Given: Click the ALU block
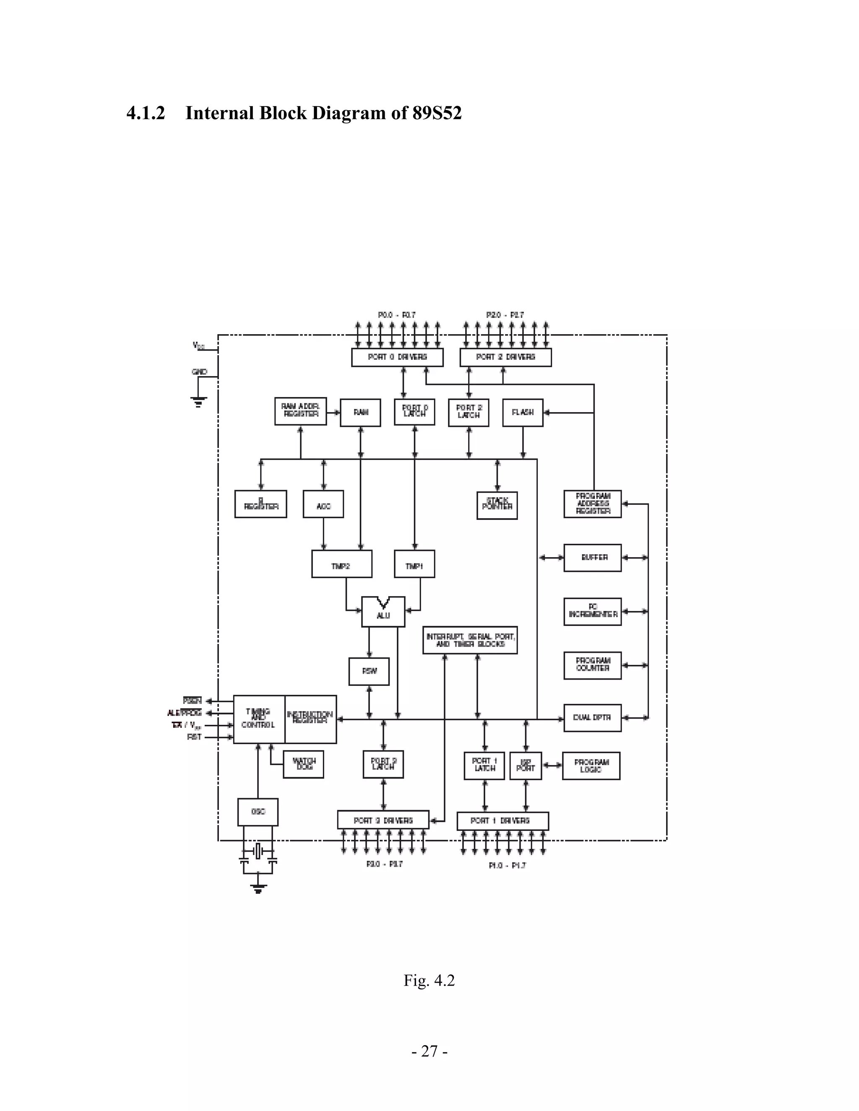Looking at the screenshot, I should [x=383, y=613].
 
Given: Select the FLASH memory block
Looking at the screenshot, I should [x=523, y=413].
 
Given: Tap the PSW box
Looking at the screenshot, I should [x=369, y=672].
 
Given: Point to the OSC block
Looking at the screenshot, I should [x=258, y=812].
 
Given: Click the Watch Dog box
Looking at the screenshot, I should [x=303, y=764].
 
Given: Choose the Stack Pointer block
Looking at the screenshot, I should [x=497, y=505].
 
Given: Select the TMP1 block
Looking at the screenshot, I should [x=414, y=564].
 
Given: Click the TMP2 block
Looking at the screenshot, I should [x=341, y=564].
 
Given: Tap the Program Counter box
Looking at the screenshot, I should [x=592, y=665].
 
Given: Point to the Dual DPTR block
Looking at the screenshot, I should [x=592, y=718].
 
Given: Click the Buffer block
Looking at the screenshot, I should [x=592, y=558].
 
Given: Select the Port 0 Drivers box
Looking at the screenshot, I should [x=397, y=357].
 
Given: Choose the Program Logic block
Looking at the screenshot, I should [x=591, y=766].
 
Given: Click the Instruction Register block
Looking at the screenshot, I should [x=310, y=719].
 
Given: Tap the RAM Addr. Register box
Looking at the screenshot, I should [x=300, y=411].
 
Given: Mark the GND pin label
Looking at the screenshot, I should [x=200, y=372].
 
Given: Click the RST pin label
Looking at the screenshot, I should [x=194, y=737].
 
